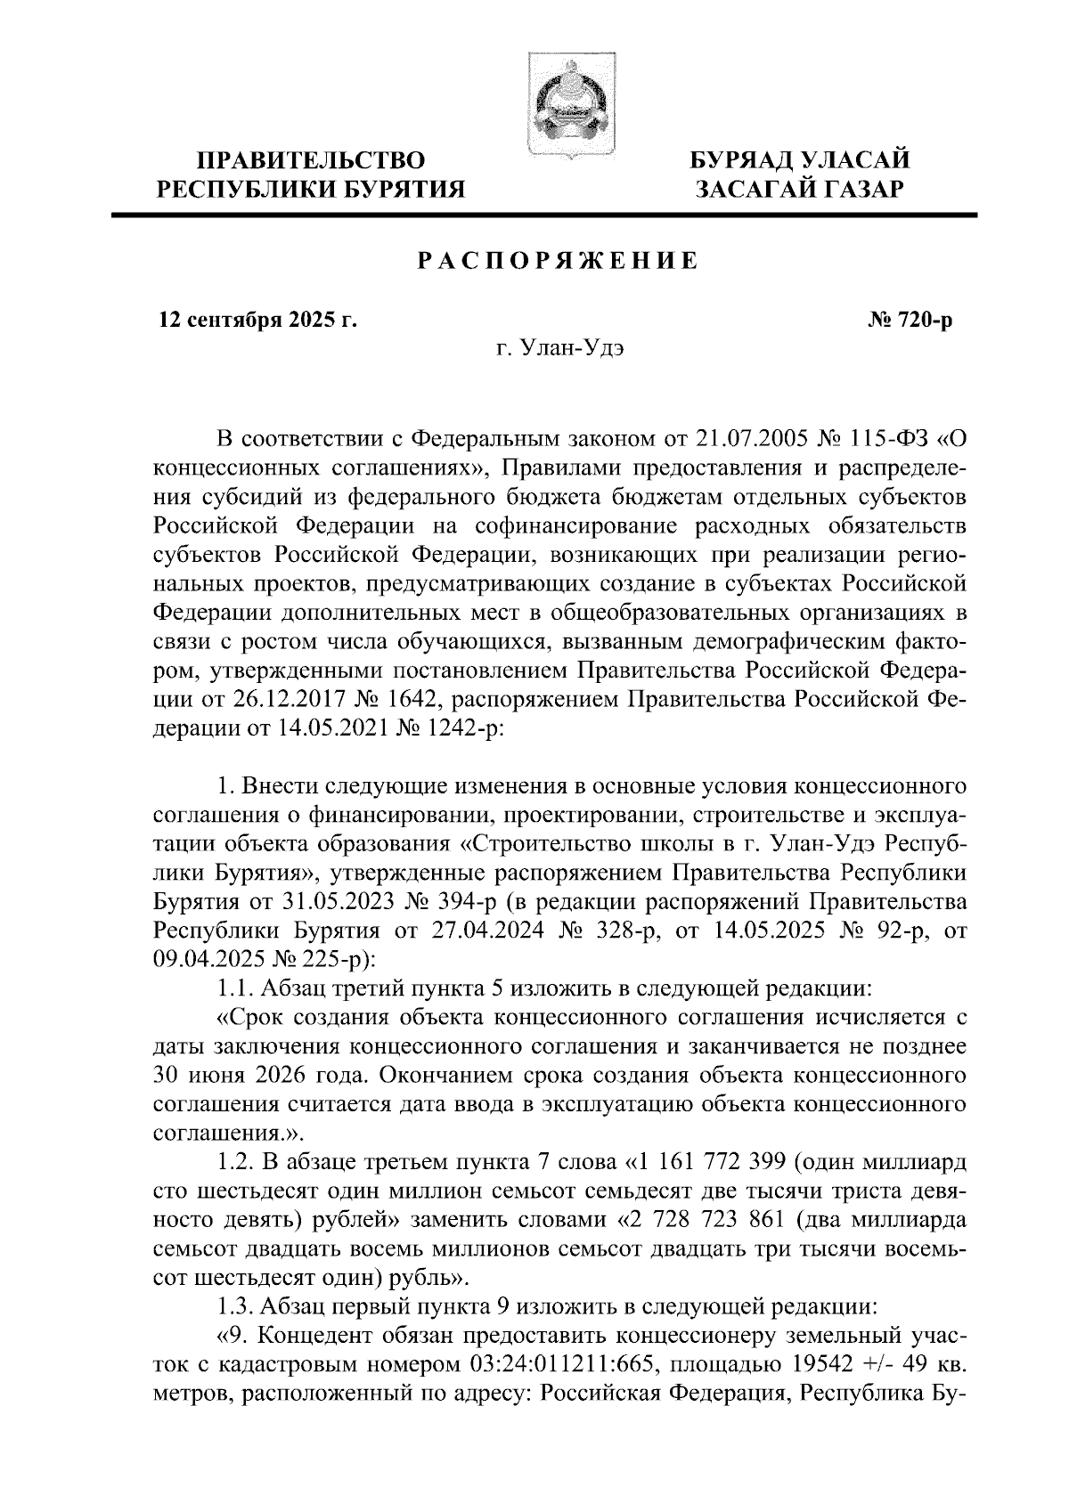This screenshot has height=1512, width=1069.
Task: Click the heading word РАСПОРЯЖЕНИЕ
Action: click(x=558, y=262)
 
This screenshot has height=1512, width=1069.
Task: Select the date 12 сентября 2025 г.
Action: click(x=257, y=321)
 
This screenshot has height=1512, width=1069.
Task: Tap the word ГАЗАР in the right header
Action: click(x=860, y=189)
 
